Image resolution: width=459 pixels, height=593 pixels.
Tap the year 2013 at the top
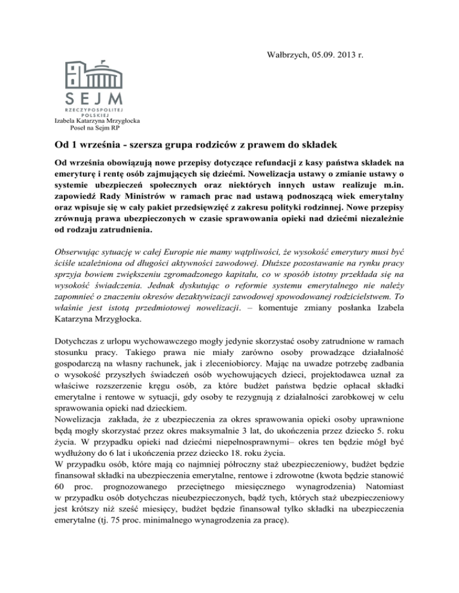347,39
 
